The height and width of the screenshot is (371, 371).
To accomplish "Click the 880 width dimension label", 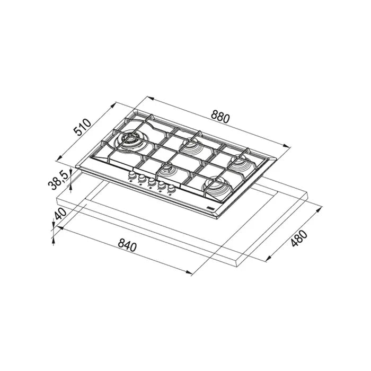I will [220, 116].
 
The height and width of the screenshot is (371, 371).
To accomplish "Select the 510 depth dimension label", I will [82, 128].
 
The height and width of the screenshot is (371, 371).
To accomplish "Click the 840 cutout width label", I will [127, 245].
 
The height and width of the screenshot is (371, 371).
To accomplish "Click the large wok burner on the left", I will [130, 140].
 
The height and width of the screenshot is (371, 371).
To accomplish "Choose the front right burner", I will [217, 185].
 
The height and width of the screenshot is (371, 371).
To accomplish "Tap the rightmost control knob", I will [171, 188].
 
